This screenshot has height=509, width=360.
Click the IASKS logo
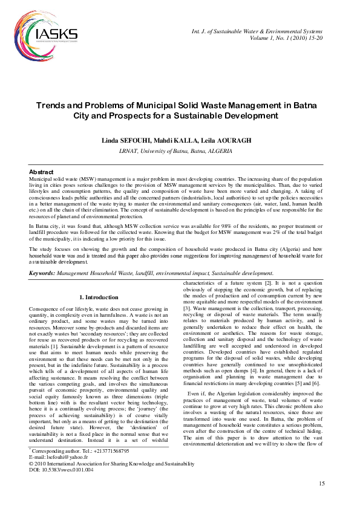tap(54, 35)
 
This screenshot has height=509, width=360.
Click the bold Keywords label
tap(42, 274)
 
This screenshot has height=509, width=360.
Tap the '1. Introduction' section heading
tap(99, 297)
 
